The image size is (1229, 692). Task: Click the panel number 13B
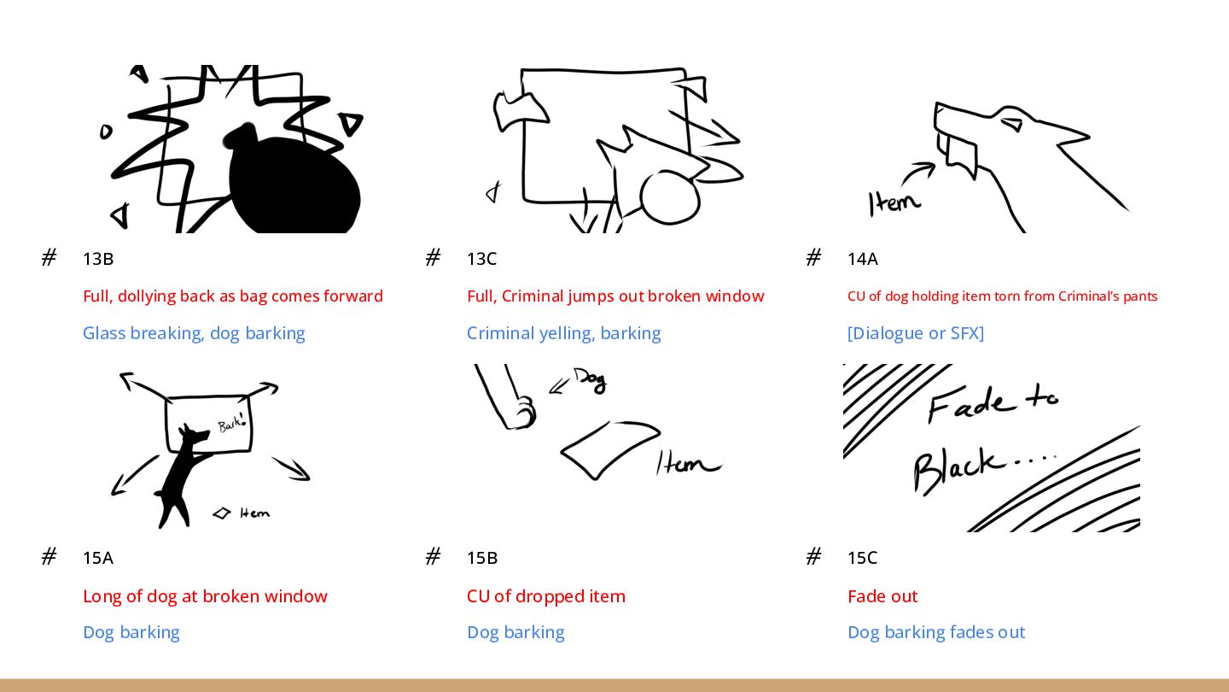tap(98, 259)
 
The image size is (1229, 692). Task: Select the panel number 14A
tap(863, 259)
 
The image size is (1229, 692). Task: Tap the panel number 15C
tap(863, 558)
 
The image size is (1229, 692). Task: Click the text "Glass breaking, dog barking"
tap(194, 333)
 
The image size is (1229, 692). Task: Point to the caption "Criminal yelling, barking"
tap(563, 333)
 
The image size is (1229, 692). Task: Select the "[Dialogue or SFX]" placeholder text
tap(916, 333)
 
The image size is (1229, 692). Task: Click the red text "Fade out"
tap(882, 596)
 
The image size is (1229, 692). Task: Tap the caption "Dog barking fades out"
tap(936, 632)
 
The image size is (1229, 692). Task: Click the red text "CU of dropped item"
tap(546, 596)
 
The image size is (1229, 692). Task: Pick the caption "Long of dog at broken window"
tap(205, 596)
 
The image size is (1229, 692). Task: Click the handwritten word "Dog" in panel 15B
tap(591, 380)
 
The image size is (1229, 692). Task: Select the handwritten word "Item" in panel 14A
tap(894, 203)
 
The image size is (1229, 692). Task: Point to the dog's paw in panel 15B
tap(522, 413)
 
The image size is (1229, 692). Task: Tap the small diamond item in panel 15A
tap(222, 513)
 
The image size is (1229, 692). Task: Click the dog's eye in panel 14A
tap(1013, 124)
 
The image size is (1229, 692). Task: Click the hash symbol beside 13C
tap(433, 257)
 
